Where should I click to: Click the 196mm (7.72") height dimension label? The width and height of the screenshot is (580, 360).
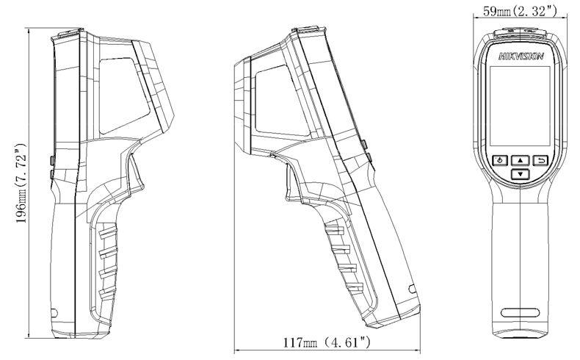tap(21, 183)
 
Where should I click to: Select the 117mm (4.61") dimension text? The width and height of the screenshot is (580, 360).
tap(327, 342)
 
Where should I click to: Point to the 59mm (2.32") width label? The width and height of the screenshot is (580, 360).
tap(520, 12)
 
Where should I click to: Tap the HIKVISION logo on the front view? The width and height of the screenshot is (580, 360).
tap(521, 57)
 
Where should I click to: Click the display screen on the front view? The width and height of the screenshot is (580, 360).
tap(520, 107)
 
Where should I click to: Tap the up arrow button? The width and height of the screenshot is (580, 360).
tap(521, 161)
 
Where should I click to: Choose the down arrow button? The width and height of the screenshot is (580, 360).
tap(521, 174)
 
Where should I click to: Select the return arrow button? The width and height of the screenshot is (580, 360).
tap(541, 161)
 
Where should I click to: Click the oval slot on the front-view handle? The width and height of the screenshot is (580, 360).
tap(520, 312)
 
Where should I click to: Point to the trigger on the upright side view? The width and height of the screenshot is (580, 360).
tap(135, 174)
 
